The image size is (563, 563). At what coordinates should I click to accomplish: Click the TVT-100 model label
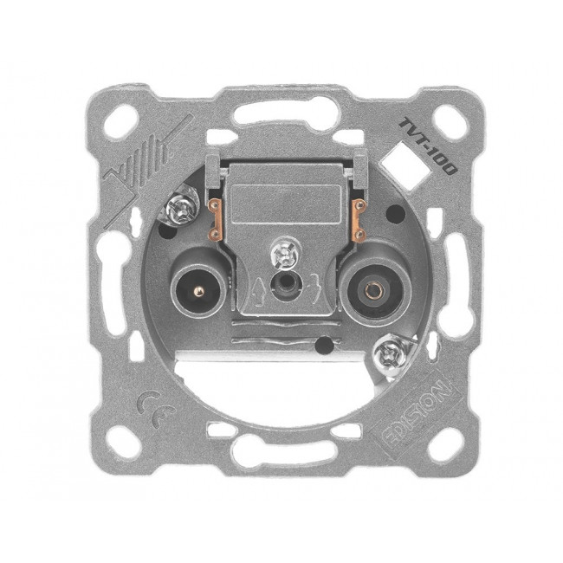point(428,146)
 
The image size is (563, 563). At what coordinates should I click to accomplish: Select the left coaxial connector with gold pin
point(197,291)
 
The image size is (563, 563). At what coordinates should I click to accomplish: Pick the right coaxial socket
point(376,290)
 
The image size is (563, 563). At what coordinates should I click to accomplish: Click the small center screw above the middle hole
point(284,254)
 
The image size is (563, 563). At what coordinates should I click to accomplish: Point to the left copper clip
point(215,220)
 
